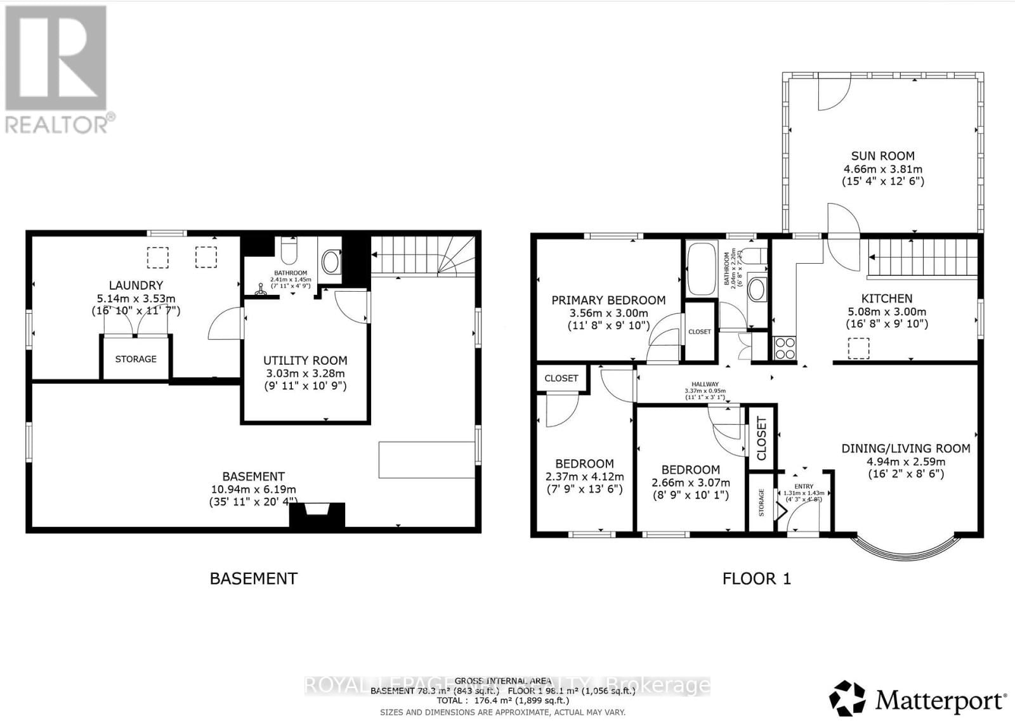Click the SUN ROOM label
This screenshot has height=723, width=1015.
882,155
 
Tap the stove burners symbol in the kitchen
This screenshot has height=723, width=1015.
785,348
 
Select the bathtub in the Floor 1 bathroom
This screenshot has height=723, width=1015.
701,269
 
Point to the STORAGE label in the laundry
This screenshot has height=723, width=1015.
136,359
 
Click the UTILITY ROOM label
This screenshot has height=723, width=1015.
305,360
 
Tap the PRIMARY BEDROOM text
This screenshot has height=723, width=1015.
608,300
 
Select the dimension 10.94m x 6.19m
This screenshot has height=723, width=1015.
253,490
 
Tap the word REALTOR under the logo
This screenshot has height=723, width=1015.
57,124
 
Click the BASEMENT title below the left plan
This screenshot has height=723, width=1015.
253,578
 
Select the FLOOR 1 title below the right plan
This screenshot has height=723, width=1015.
756,578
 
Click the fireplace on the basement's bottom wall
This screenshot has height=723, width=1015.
317,514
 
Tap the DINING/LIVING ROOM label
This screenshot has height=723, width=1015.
905,448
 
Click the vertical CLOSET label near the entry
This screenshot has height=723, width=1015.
762,438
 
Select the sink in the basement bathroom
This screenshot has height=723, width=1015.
331,261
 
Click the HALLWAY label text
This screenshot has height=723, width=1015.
705,384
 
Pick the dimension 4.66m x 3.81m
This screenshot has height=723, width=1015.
882,169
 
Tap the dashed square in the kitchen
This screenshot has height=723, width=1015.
858,348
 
